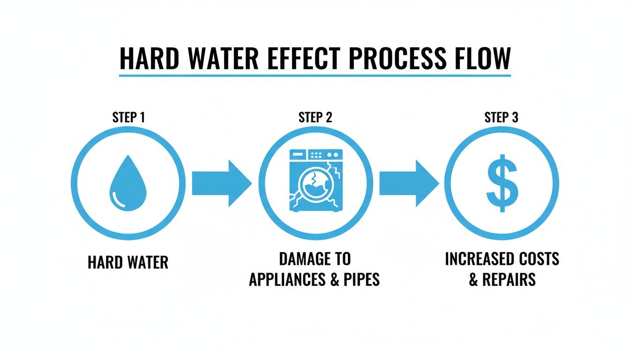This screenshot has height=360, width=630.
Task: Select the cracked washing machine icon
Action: click(315, 182)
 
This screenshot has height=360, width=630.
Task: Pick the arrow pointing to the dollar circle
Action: click(408, 183)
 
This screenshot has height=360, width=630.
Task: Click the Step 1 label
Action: click(128, 117)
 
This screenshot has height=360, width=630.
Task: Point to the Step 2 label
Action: click(315, 117)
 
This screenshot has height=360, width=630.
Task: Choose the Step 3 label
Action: click(502, 117)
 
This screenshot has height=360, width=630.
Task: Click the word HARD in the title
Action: click(147, 58)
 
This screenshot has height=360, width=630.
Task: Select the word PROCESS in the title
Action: click(399, 58)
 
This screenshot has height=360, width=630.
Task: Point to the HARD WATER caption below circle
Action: click(128, 262)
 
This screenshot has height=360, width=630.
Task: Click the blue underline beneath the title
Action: click(315, 75)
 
